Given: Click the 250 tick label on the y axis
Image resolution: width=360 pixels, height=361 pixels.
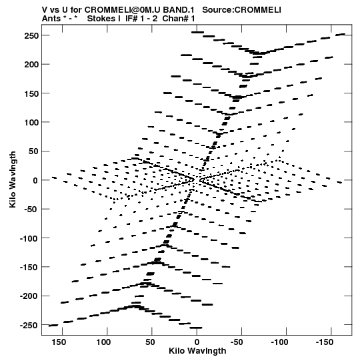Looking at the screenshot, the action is point(31,35).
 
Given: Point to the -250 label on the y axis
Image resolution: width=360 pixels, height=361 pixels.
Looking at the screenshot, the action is point(29,326).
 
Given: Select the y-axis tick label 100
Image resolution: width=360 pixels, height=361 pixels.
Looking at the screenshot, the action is point(31,122).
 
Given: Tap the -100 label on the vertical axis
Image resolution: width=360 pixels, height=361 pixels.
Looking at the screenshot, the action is point(29,238).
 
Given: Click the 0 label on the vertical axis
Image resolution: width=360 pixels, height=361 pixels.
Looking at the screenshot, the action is point(35,180).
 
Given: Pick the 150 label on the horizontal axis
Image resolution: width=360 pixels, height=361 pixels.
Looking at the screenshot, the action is point(59,342).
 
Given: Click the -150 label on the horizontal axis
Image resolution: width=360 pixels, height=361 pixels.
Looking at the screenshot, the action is point(324,342).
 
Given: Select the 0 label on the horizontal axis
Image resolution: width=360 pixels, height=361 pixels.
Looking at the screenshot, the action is point(197,342).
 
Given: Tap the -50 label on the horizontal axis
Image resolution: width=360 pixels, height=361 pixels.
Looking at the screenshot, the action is point(237,342).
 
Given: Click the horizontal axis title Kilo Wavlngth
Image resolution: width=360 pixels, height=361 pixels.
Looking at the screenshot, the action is point(197,351).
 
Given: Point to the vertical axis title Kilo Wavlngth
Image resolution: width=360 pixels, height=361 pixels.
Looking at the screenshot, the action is point(13,179).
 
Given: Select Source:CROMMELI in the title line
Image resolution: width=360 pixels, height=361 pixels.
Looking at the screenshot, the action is point(241,10).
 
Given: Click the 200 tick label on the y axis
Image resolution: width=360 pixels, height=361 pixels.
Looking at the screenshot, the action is point(31,65).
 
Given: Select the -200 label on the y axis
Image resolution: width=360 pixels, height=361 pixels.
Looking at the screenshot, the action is point(29,296).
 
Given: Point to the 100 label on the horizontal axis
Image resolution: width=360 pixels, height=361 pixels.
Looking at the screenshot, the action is point(103,342).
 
